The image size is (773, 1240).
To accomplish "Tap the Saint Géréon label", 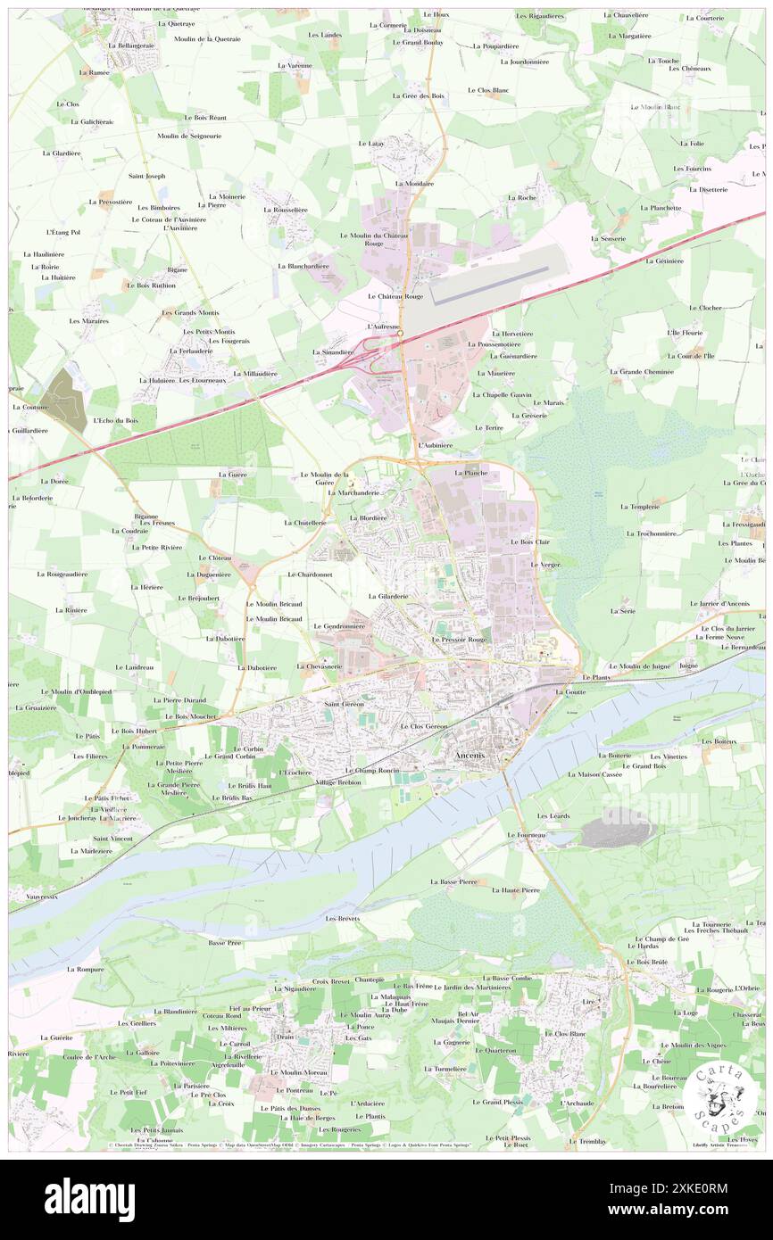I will (x=342, y=704).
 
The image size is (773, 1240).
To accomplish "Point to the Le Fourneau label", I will (x=525, y=835).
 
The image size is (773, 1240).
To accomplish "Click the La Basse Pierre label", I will (x=453, y=881).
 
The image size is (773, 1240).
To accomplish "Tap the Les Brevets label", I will (x=343, y=918).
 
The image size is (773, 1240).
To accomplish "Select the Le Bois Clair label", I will (x=529, y=541).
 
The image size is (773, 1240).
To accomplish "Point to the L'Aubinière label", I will (x=436, y=444).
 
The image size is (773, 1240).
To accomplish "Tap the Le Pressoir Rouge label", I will (x=460, y=640).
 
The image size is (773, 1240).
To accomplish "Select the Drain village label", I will (x=285, y=1037).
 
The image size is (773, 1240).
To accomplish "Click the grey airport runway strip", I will (x=500, y=277).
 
